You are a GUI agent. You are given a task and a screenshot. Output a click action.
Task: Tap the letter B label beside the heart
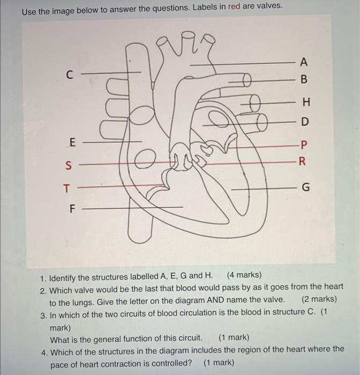(304, 80)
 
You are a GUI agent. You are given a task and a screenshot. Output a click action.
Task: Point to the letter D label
(304, 122)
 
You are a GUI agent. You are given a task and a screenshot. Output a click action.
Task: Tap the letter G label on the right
(305, 188)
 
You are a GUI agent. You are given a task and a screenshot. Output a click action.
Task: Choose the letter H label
(305, 102)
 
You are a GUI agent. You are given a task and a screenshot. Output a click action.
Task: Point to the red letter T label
(66, 188)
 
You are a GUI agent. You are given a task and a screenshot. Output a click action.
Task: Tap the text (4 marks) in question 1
(244, 276)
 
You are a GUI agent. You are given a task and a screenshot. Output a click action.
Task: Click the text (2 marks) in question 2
(319, 299)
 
